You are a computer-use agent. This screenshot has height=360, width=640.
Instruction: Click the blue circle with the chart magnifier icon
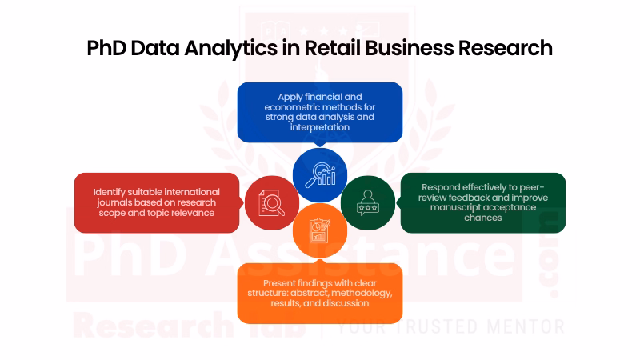point(320,175)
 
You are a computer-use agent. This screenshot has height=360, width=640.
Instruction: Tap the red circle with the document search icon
point(272,203)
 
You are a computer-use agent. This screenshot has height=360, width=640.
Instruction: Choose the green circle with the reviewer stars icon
point(368,203)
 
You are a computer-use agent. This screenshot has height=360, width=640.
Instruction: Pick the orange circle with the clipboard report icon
point(320,230)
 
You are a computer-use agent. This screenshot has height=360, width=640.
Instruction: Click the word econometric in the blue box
point(290,107)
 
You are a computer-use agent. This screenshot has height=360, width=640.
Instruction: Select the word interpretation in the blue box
point(320,127)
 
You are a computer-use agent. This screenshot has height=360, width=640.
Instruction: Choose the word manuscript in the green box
point(454,208)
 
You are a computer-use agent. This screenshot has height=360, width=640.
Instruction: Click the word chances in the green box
point(483,218)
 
